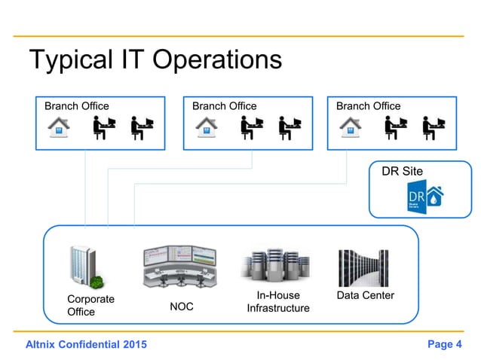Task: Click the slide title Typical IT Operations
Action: (x=155, y=60)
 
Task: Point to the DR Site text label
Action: (x=402, y=172)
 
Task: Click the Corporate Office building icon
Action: (x=84, y=265)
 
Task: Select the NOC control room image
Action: (x=179, y=266)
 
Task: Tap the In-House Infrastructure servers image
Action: (x=277, y=266)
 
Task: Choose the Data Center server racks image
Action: (x=365, y=267)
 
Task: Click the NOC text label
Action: (x=181, y=307)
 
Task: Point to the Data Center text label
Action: (x=365, y=295)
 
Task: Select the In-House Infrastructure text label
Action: (x=277, y=302)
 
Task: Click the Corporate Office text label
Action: (x=90, y=305)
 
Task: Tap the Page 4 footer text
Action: (x=444, y=345)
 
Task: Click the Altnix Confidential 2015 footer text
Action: (x=87, y=345)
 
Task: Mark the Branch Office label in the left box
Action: (x=76, y=106)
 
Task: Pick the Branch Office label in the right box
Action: (x=368, y=106)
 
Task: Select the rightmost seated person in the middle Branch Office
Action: (x=289, y=127)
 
